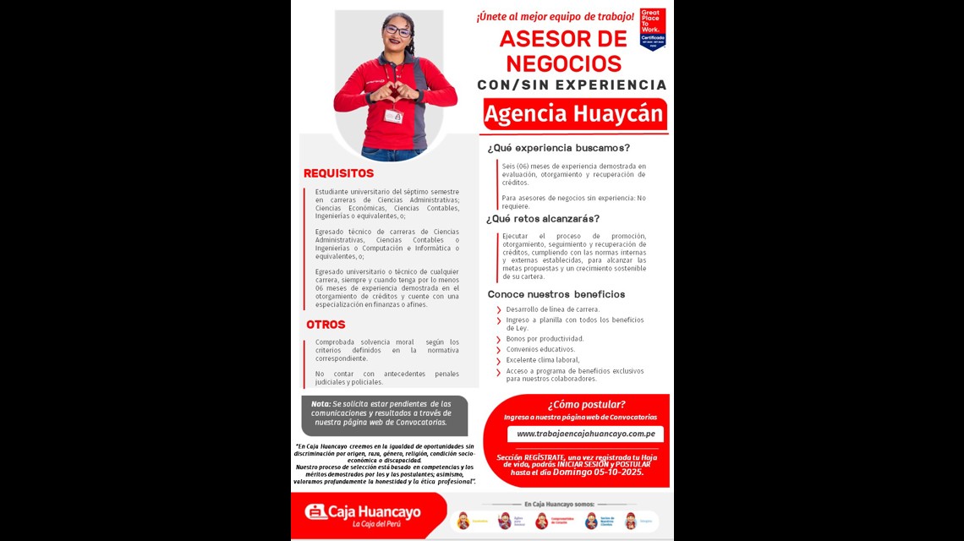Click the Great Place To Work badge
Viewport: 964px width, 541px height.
[652, 29]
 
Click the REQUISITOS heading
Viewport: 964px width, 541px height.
[338, 173]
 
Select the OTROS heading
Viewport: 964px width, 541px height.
[326, 325]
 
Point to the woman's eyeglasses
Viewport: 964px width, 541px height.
[397, 31]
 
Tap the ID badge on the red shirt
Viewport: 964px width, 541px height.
[393, 116]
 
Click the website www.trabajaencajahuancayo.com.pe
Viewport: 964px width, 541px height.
[585, 434]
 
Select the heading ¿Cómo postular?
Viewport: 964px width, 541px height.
[586, 404]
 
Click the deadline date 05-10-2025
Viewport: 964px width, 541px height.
[615, 472]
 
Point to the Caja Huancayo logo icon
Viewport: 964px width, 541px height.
[315, 511]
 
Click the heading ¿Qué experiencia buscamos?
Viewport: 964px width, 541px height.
[558, 148]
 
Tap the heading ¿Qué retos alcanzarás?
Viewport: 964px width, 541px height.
[543, 219]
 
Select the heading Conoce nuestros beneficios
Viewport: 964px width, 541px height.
[556, 294]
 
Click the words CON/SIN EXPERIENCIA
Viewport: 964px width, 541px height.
[572, 85]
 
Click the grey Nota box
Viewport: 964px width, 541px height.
[385, 414]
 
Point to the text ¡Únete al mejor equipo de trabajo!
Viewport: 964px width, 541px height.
[555, 16]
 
